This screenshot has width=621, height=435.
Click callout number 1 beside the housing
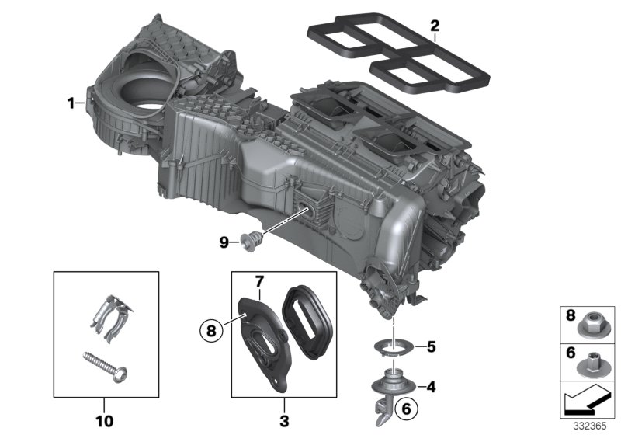[x=71, y=103]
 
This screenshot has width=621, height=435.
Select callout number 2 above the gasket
[x=435, y=26]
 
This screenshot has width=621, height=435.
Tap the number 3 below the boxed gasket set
[x=283, y=421]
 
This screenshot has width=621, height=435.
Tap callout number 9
[x=224, y=242]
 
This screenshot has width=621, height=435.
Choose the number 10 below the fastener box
[x=105, y=421]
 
